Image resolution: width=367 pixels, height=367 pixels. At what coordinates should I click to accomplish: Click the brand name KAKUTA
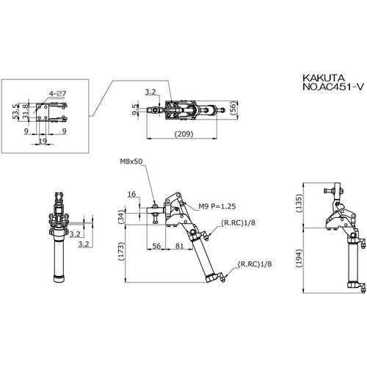click(324, 79)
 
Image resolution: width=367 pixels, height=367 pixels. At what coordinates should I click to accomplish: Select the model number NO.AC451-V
click(333, 87)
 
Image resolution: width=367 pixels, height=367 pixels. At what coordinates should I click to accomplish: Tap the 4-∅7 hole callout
click(57, 93)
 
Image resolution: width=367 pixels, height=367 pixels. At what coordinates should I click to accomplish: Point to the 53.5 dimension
click(16, 112)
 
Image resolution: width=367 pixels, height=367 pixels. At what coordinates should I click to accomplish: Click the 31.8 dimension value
click(26, 112)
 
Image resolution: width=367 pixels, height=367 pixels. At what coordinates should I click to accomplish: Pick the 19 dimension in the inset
click(43, 141)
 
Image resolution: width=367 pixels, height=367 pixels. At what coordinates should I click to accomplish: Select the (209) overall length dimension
click(183, 134)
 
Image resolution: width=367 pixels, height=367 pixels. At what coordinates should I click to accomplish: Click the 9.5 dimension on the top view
click(135, 109)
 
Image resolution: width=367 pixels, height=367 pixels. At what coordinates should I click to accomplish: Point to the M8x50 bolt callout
click(131, 161)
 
